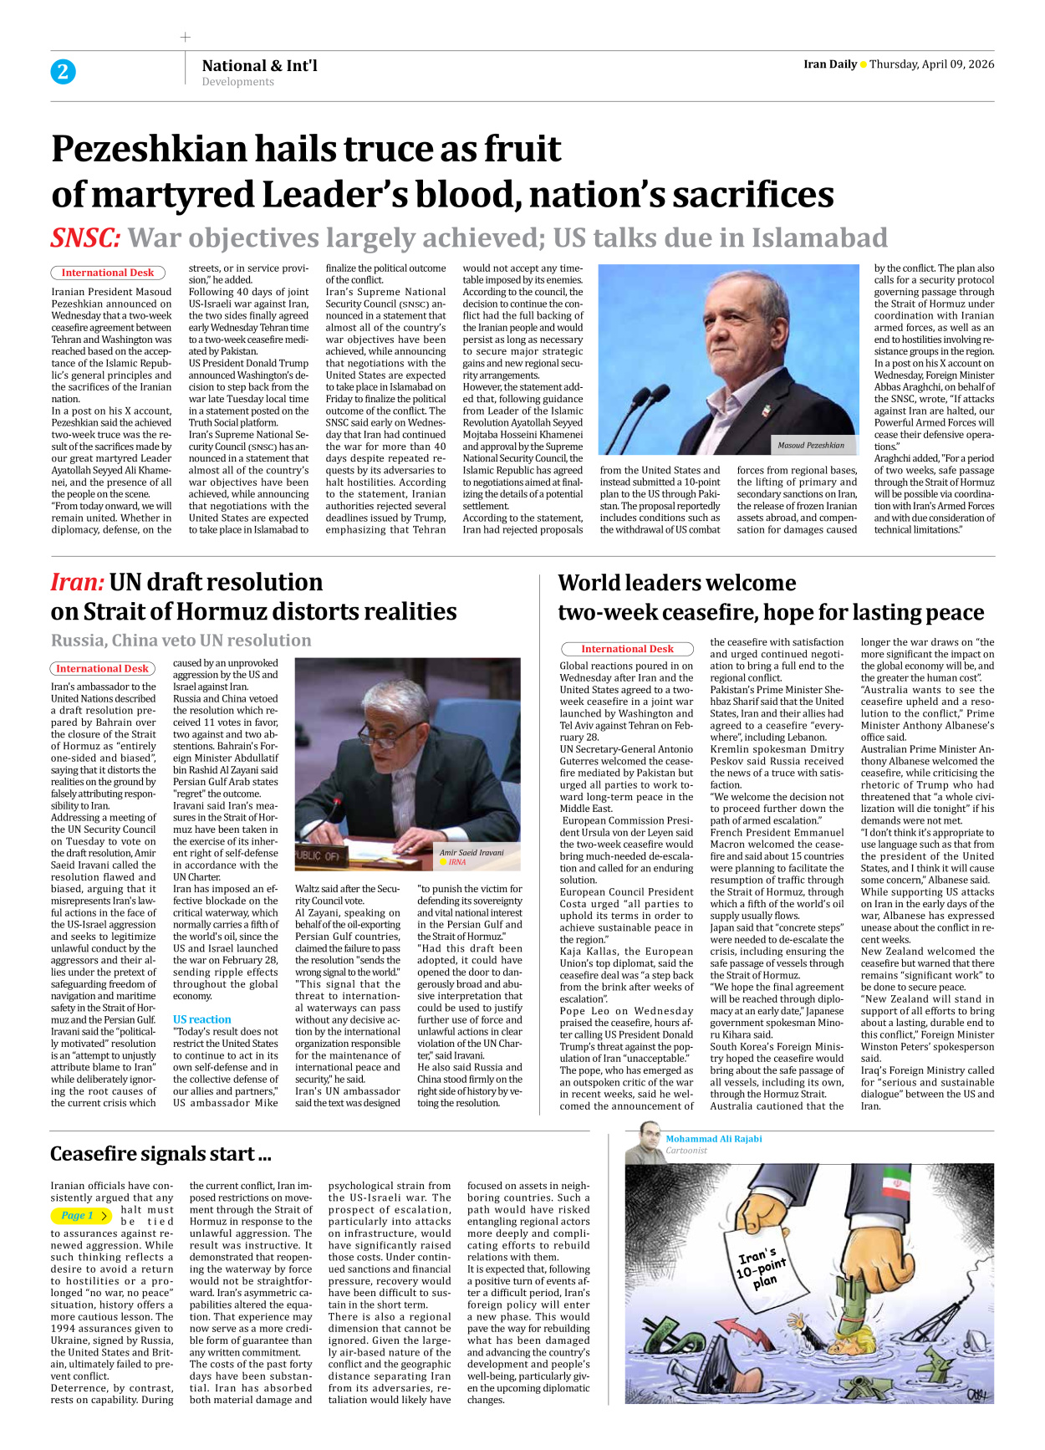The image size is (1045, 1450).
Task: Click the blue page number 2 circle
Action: tap(63, 72)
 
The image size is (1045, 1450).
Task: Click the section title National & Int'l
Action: tap(259, 65)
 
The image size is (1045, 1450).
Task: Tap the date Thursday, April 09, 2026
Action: tap(931, 64)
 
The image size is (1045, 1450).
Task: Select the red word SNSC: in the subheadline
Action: tap(85, 238)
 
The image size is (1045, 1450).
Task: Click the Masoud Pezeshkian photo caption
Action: tap(810, 445)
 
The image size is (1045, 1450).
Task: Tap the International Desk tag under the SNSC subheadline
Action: tap(107, 273)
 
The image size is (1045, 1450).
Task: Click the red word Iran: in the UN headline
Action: tap(77, 582)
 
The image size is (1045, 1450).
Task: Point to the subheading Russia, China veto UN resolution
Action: tap(181, 641)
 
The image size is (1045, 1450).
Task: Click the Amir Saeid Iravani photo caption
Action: tap(472, 852)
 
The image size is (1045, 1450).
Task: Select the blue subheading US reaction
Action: tap(201, 1019)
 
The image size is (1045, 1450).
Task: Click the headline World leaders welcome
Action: tap(676, 583)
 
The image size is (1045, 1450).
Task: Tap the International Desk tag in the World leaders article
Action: tap(627, 649)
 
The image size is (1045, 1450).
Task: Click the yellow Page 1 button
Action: tap(81, 1216)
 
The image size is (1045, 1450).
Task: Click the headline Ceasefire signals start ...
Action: tap(161, 1154)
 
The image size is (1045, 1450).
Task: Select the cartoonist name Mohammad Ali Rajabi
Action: tap(713, 1139)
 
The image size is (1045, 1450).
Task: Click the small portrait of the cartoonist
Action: tap(645, 1143)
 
